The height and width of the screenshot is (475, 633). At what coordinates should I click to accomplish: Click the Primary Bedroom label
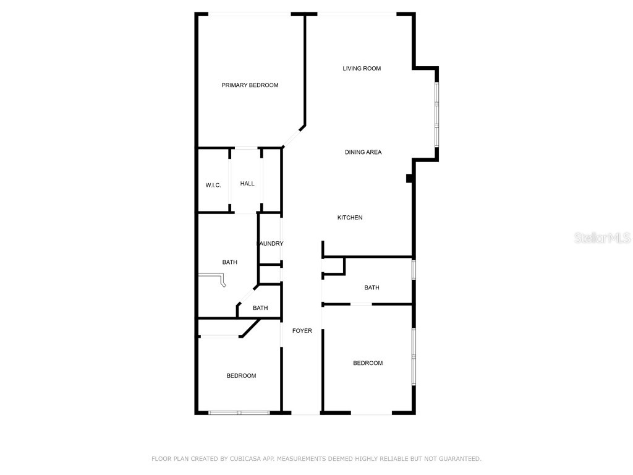coord(250,85)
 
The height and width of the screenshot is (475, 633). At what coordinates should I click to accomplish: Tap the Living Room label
coord(362,69)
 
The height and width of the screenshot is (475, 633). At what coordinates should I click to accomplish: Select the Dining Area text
coord(363,152)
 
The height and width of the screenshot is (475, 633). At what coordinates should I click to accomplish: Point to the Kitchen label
coord(350,218)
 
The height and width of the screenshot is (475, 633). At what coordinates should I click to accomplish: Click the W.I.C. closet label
coord(213,186)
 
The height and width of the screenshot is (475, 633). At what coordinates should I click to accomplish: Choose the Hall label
coord(247,184)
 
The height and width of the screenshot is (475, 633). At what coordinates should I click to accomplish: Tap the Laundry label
coord(270,244)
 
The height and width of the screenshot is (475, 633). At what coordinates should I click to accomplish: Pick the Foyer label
coord(302,331)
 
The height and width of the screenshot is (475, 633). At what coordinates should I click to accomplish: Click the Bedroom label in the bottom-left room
coord(241,376)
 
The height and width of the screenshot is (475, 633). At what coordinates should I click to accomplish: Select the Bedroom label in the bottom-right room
coord(368,363)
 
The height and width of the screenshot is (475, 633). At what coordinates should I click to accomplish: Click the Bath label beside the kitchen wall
coord(372,288)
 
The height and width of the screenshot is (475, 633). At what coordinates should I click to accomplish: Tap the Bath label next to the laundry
coord(230,262)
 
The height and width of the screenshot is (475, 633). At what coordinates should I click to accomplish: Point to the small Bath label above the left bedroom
coord(260,308)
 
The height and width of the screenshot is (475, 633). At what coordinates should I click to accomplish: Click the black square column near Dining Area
coord(409,178)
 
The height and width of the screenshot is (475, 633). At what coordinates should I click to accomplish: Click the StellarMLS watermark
coord(602,238)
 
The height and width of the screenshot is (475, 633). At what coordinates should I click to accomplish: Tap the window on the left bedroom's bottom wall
coord(238,413)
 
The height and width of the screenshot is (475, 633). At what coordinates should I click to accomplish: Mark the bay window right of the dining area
coord(436,114)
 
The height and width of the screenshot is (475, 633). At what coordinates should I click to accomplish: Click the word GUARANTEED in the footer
coord(459,459)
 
